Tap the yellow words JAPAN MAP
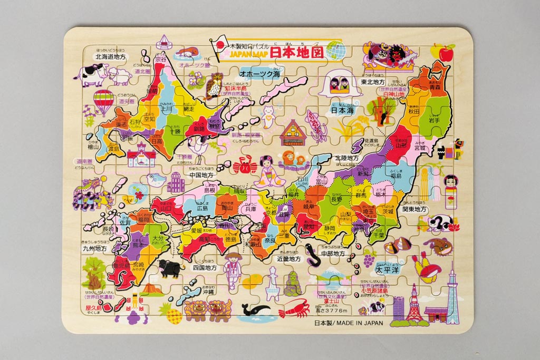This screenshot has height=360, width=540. (x=248, y=54)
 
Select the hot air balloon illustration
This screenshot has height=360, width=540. (x=104, y=100)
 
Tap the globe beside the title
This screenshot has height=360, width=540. (x=336, y=51)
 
